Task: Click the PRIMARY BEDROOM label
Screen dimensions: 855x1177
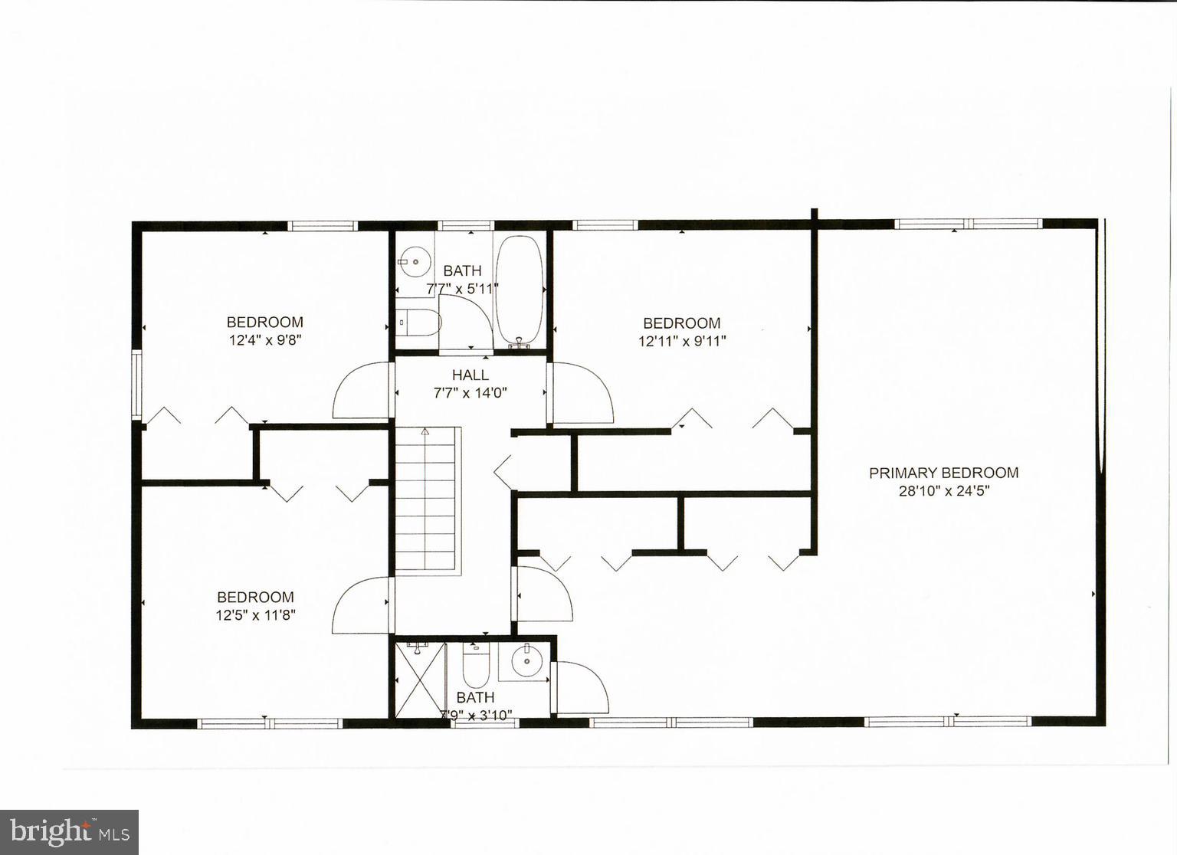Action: pyautogui.click(x=943, y=473)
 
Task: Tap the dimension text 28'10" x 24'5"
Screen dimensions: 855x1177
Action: pyautogui.click(x=944, y=491)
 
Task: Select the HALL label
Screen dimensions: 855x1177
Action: pyautogui.click(x=470, y=375)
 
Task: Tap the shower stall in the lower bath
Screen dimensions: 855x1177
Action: pyautogui.click(x=419, y=679)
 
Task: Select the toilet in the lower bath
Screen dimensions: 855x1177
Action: pyautogui.click(x=476, y=664)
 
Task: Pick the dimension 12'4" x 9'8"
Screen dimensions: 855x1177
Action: pyautogui.click(x=265, y=340)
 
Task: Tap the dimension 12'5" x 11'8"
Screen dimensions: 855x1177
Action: pyautogui.click(x=255, y=614)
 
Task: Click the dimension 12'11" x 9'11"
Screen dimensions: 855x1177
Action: pyautogui.click(x=682, y=341)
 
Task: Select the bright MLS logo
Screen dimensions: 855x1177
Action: pyautogui.click(x=69, y=832)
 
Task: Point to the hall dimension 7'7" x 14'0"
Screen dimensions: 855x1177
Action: pyautogui.click(x=470, y=393)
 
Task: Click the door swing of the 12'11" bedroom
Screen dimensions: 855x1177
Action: pyautogui.click(x=582, y=393)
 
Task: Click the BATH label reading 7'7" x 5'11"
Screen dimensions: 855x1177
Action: pyautogui.click(x=462, y=270)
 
